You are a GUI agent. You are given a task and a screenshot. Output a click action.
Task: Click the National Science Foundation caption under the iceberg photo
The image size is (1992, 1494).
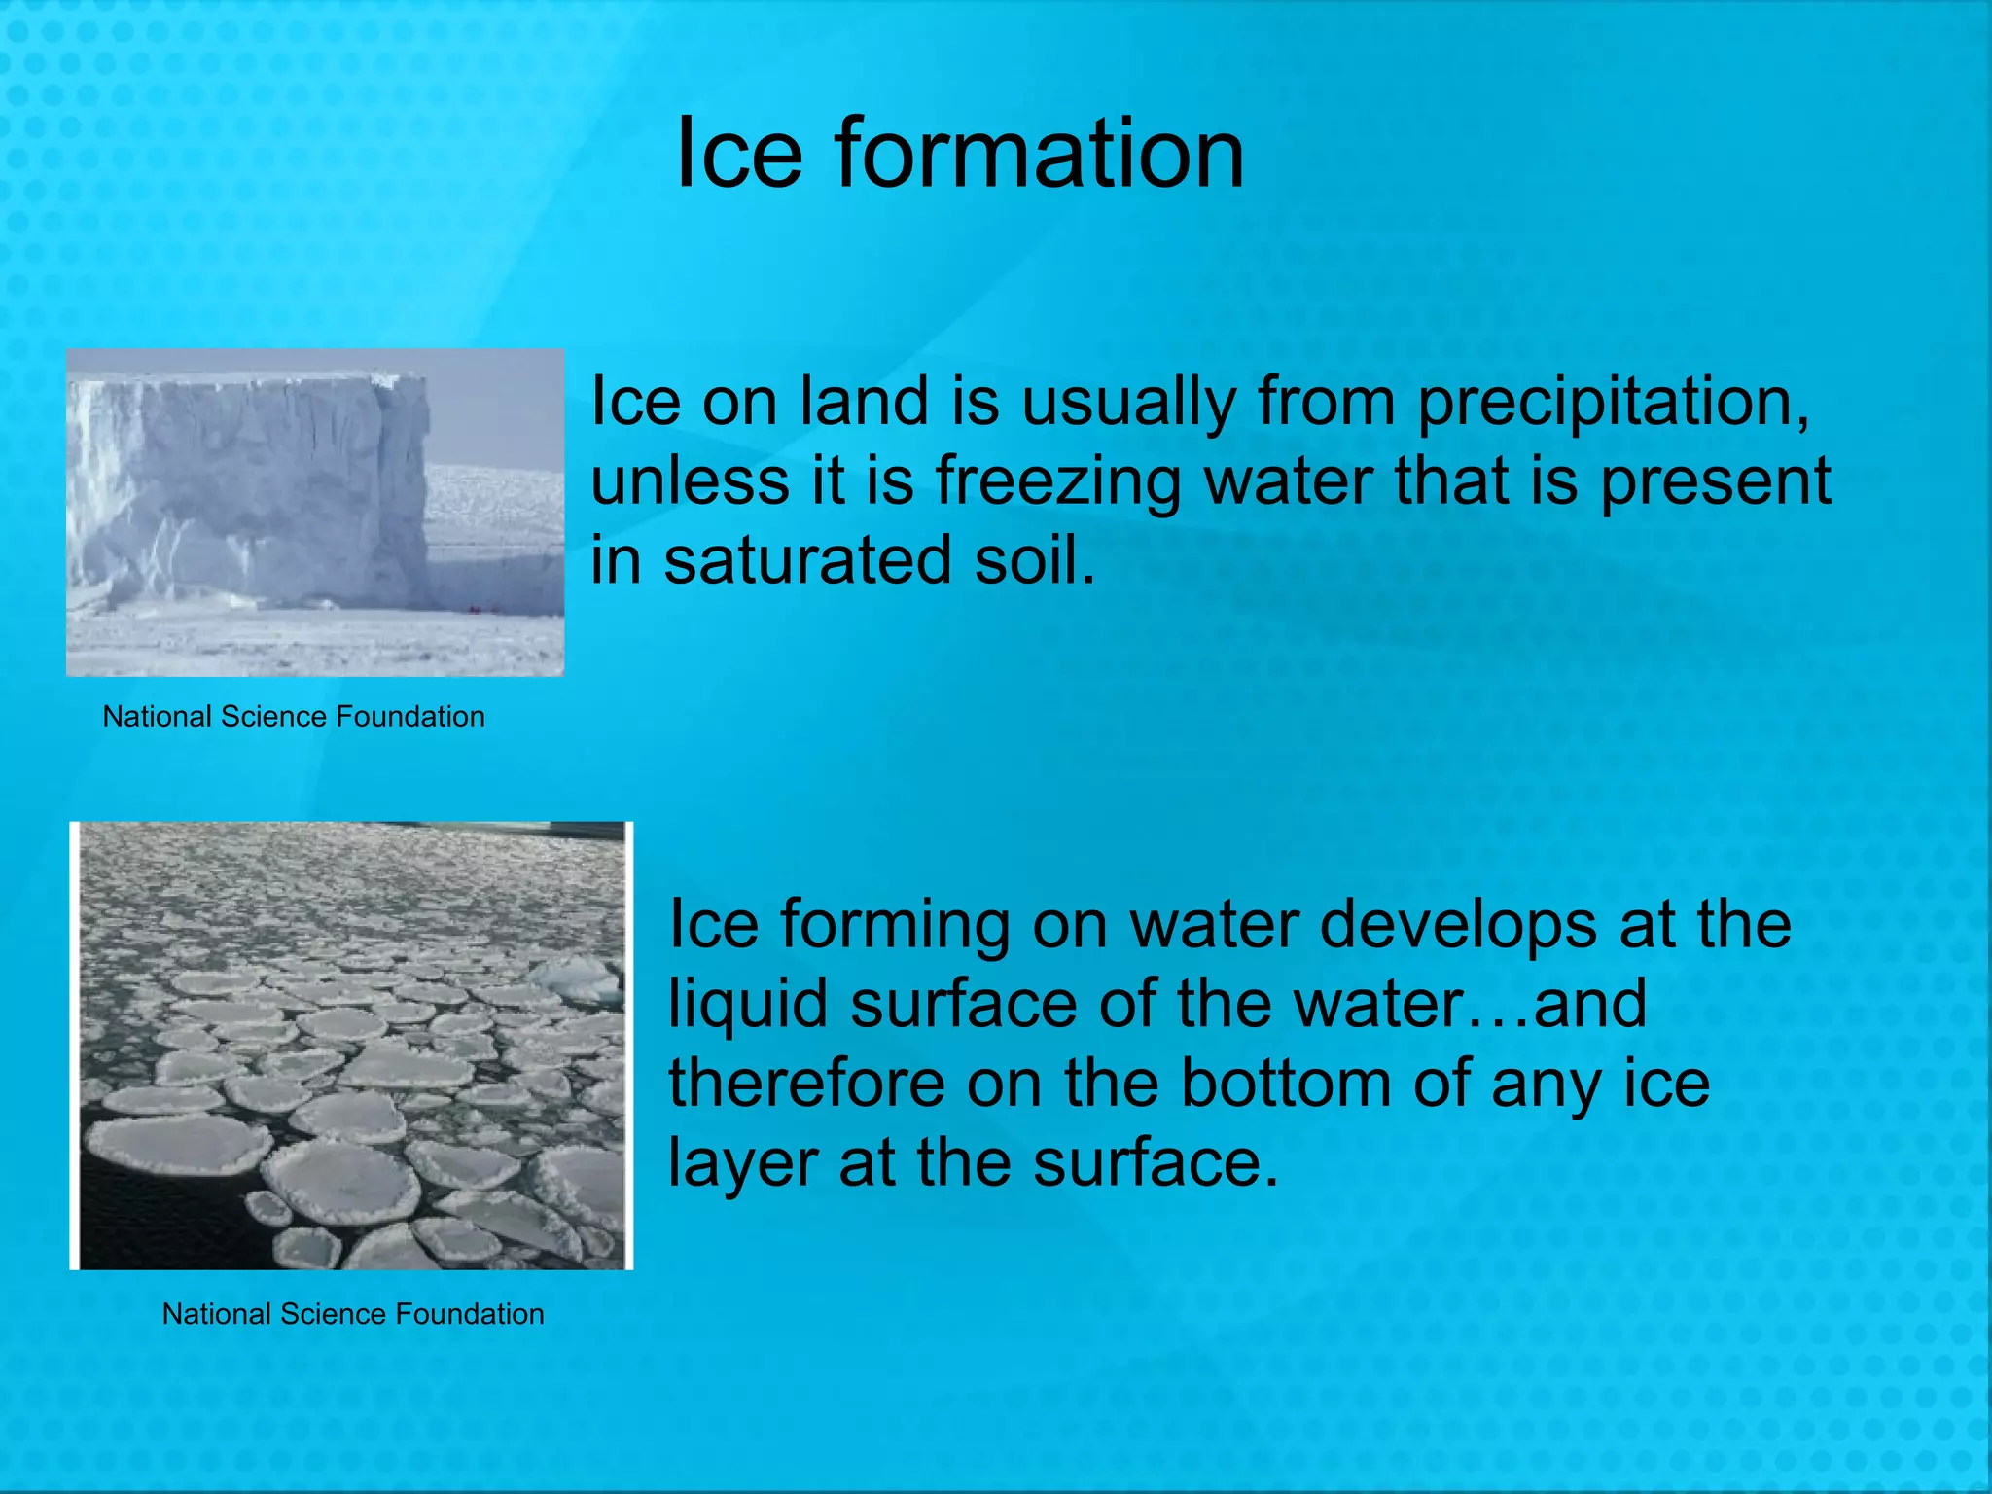pos(294,717)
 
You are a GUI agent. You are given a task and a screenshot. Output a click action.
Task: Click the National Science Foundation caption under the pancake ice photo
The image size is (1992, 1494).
pos(353,1314)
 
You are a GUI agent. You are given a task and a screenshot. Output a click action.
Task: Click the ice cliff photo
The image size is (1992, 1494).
pos(315,513)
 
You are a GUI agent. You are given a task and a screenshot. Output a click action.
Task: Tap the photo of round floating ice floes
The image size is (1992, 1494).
pos(352,1046)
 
